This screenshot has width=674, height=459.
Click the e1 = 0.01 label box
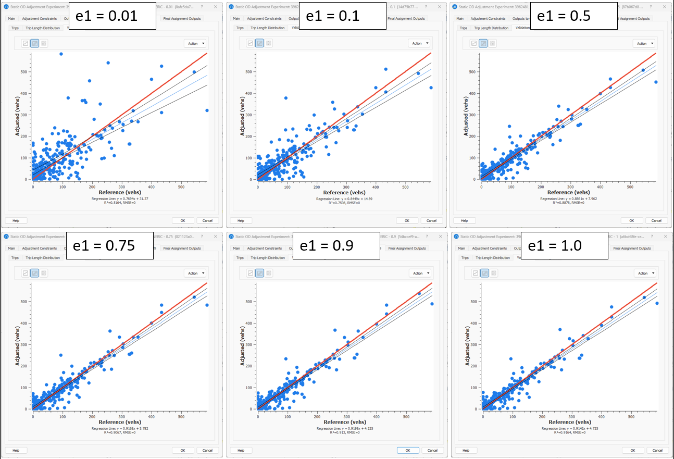112,16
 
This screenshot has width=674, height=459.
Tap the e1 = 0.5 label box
570,16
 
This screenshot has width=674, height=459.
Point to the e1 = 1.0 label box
568,245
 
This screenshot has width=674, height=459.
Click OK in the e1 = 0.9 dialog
407,450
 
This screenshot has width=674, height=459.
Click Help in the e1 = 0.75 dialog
16,450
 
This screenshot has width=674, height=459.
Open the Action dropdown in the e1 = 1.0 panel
645,273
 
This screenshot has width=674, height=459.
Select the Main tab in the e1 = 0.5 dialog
460,19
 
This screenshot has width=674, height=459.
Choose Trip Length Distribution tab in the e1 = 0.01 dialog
43,28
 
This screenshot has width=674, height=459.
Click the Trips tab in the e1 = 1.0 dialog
465,258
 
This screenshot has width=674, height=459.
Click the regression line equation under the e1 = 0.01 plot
111,199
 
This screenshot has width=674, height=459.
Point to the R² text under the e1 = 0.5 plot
562,202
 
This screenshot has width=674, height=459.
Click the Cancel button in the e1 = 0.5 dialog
656,220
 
